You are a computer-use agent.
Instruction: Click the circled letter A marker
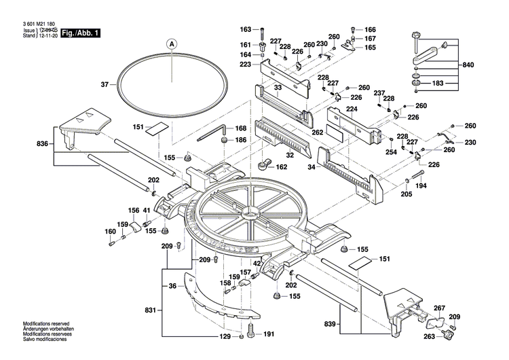[x=172, y=43]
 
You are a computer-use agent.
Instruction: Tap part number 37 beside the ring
[x=105, y=85]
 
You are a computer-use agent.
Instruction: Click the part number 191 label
[x=268, y=334]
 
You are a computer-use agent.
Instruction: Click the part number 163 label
[x=246, y=29]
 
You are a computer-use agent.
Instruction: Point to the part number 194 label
[x=421, y=185]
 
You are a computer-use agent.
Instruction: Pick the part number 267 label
[x=439, y=307]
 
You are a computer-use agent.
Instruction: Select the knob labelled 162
[x=261, y=164]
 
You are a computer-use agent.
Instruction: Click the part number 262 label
[x=317, y=132]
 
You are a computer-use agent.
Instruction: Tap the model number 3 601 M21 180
[x=33, y=24]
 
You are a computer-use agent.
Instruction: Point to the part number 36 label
[x=172, y=286]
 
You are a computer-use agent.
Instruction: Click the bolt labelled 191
[x=252, y=333]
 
